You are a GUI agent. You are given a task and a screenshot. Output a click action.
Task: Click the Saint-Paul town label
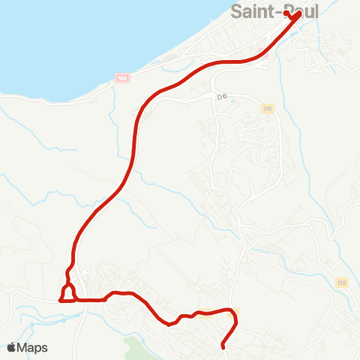pyautogui.click(x=275, y=13)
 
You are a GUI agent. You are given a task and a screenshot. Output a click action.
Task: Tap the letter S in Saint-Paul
pyautogui.click(x=238, y=13)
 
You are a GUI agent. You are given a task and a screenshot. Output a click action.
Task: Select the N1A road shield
pyautogui.click(x=123, y=77)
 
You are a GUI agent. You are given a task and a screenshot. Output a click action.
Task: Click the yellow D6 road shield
pyautogui.click(x=267, y=109)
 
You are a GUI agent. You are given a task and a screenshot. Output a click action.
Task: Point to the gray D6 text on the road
pyautogui.click(x=201, y=96)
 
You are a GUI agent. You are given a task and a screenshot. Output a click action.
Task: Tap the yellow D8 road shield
pyautogui.click(x=342, y=282)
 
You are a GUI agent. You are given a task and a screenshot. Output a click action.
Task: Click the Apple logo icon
pyautogui.click(x=13, y=347)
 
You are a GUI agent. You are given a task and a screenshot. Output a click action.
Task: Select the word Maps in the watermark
pyautogui.click(x=34, y=347)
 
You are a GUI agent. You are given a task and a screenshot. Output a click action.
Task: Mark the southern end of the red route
pyautogui.click(x=223, y=347)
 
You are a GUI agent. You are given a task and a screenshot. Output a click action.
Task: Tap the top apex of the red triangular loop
pyautogui.click(x=67, y=283)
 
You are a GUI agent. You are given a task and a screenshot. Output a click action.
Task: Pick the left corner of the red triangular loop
pyautogui.click(x=60, y=300)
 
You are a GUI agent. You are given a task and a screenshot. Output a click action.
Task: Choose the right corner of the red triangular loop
pyautogui.click(x=76, y=300)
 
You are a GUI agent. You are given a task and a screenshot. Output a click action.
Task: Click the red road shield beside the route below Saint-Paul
pyautogui.click(x=262, y=52)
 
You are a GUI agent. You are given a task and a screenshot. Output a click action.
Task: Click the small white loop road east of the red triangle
pyautogui.click(x=87, y=272)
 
